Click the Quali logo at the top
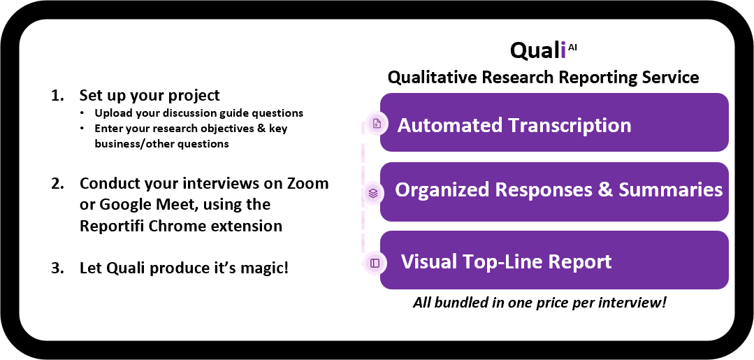543,50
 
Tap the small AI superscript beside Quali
572,47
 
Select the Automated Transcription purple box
554,122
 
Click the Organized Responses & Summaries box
554,192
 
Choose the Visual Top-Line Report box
554,260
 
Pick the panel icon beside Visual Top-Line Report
375,263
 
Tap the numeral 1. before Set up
57,95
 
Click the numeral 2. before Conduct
57,183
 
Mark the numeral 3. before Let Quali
57,268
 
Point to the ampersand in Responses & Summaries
605,189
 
